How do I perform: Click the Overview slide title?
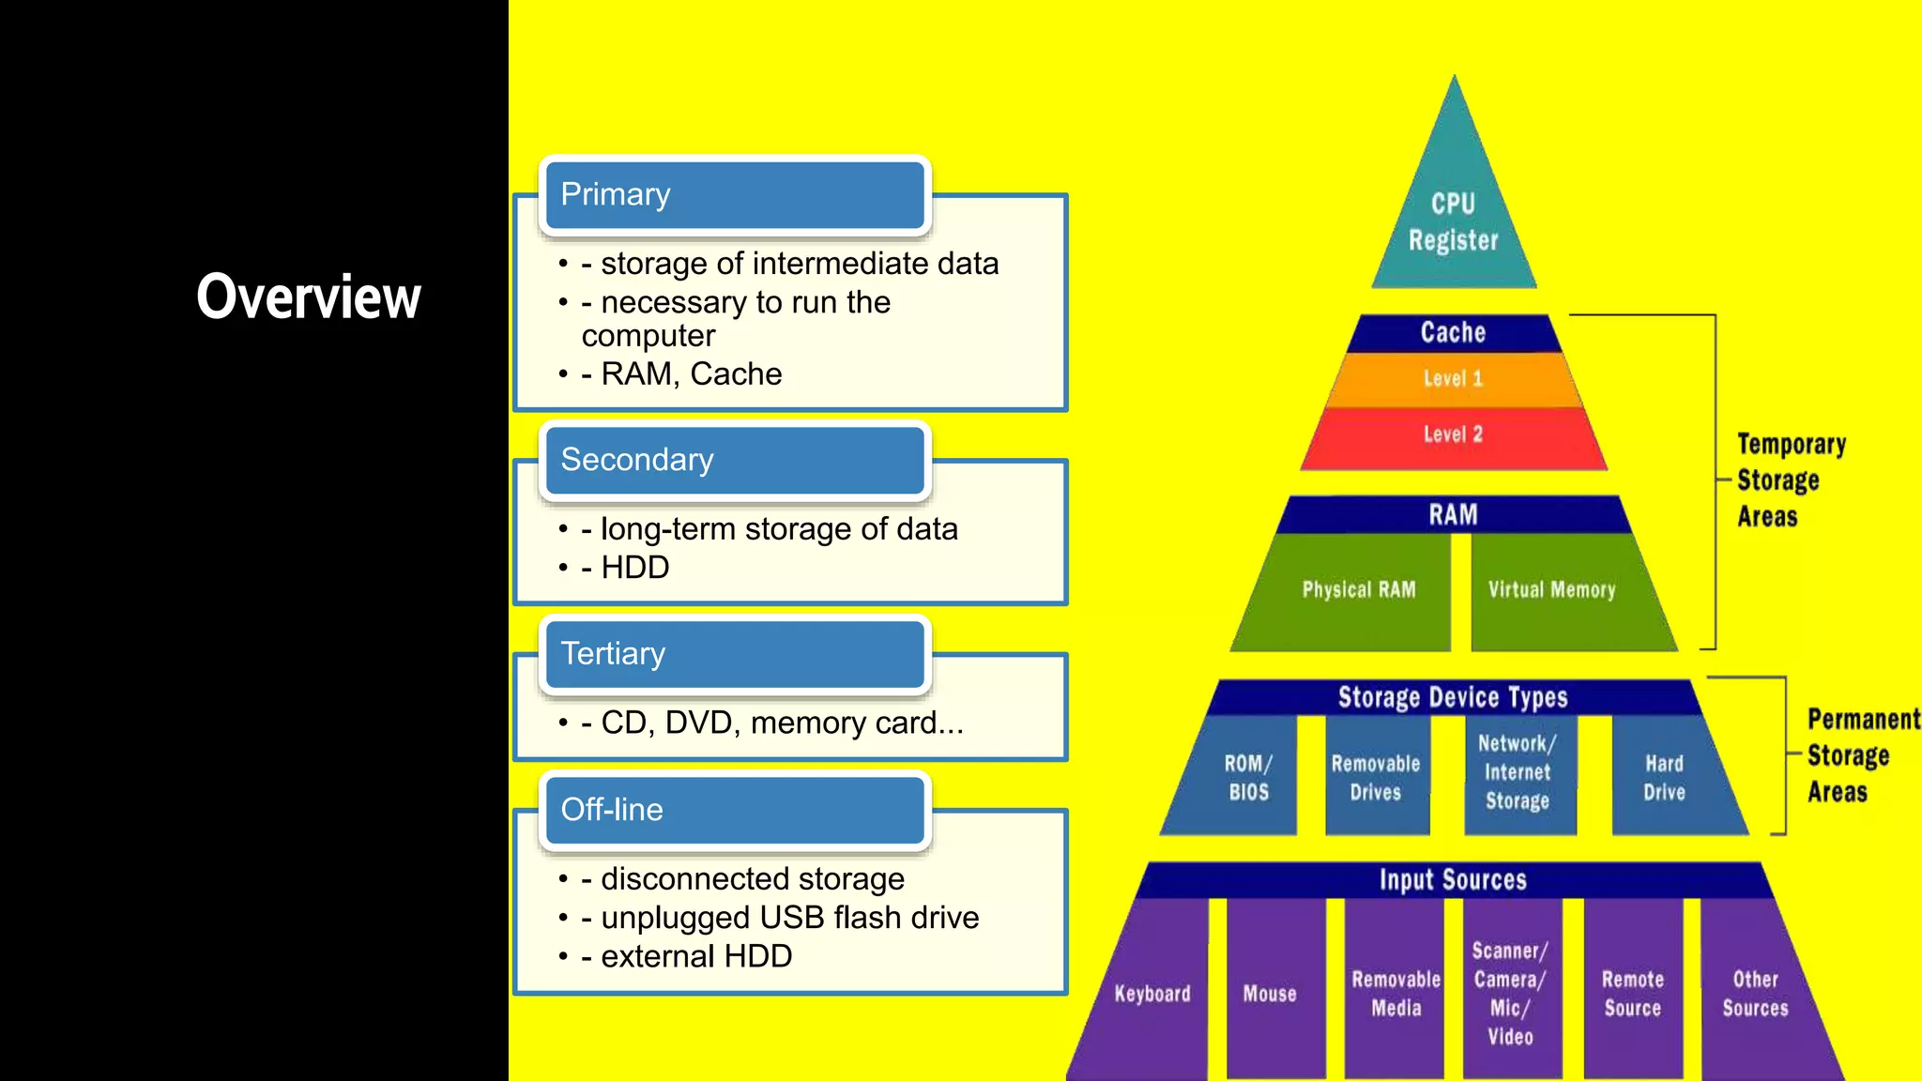point(309,297)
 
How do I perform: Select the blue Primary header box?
point(735,195)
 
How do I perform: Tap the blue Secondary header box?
point(735,460)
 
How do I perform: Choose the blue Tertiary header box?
point(735,654)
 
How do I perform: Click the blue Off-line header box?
point(735,810)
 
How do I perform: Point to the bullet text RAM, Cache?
point(691,374)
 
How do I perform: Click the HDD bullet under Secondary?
point(634,568)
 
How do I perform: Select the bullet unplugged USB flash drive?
point(789,918)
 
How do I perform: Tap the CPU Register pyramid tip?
point(1453,221)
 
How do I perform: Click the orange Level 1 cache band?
point(1453,379)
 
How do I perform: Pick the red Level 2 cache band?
point(1453,434)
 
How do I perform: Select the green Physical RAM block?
point(1358,590)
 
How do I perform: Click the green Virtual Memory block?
point(1551,590)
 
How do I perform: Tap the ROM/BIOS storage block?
point(1247,777)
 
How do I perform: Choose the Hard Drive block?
point(1664,777)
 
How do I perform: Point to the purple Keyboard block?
point(1152,994)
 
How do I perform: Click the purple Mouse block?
point(1270,994)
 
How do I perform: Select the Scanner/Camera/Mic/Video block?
point(1510,993)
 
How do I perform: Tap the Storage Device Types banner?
point(1453,697)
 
